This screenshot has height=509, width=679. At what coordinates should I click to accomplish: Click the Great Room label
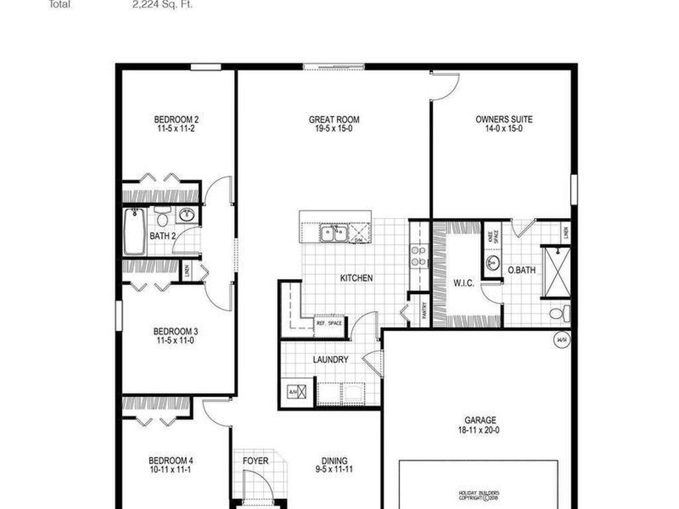[x=334, y=120]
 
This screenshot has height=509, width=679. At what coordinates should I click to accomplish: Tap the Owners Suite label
[x=504, y=120]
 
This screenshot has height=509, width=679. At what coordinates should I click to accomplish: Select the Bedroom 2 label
[x=176, y=120]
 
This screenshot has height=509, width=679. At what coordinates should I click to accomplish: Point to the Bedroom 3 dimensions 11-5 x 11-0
[x=176, y=341]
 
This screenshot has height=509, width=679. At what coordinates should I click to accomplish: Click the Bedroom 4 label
[x=170, y=461]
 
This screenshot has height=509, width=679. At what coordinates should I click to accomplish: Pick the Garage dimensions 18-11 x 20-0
[x=480, y=430]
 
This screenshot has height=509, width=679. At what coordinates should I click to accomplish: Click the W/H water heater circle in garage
[x=562, y=339]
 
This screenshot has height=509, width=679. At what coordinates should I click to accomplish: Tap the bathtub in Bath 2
[x=134, y=232]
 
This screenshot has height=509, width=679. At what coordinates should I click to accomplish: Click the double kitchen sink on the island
[x=334, y=233]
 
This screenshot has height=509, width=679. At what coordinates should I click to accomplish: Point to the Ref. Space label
[x=329, y=323]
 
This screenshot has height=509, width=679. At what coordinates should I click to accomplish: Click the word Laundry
[x=330, y=360]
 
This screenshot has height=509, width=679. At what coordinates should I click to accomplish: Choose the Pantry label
[x=425, y=313]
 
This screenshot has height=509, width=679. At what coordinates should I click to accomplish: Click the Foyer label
[x=255, y=461]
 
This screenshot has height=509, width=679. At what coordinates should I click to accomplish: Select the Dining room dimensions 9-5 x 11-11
[x=334, y=470]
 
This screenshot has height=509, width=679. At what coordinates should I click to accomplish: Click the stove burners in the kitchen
[x=418, y=256]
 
